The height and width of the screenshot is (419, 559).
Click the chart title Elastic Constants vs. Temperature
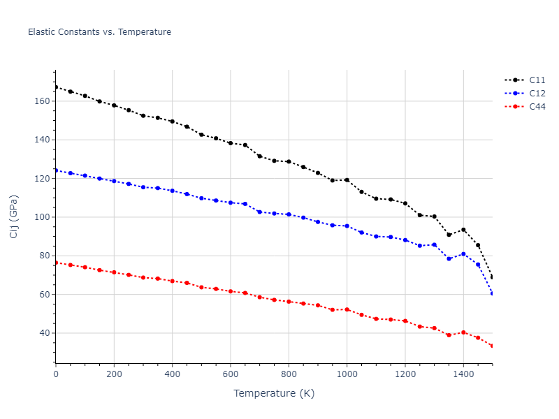click(x=99, y=32)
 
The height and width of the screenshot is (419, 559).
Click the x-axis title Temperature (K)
click(x=274, y=393)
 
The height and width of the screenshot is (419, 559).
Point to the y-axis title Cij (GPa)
click(x=14, y=216)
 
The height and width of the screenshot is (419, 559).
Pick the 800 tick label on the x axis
click(x=289, y=375)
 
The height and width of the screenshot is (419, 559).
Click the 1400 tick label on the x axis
click(x=463, y=375)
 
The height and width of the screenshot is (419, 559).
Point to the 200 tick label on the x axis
click(x=114, y=375)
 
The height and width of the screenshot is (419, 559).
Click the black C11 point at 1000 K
click(x=347, y=179)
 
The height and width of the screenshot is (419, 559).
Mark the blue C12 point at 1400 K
click(x=463, y=254)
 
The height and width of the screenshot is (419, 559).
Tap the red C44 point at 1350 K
click(x=449, y=335)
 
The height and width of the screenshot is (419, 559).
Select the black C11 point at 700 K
click(x=259, y=156)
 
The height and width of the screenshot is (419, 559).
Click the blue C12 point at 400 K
click(x=172, y=191)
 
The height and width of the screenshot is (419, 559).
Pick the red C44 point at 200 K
click(x=114, y=272)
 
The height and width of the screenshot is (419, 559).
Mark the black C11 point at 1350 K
click(x=449, y=235)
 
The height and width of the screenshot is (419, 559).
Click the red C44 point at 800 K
click(x=289, y=302)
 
